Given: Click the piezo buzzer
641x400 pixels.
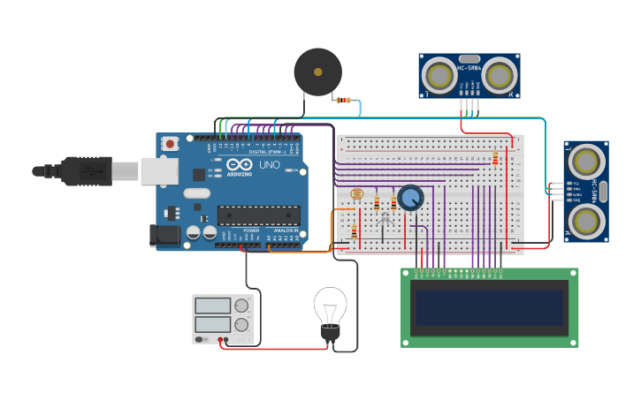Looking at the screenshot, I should click(317, 72).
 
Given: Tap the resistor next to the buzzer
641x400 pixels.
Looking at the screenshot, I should click(344, 101).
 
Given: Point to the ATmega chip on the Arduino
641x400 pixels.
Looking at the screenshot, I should click(258, 215).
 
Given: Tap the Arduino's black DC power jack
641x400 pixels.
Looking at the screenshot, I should click(164, 235).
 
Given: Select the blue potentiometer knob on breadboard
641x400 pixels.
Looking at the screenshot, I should click(410, 197).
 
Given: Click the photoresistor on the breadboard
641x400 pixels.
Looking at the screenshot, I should click(356, 195).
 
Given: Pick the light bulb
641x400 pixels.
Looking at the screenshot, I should click(329, 310).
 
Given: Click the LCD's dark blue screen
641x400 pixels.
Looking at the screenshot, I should click(489, 308).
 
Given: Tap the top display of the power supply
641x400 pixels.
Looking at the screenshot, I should click(212, 306).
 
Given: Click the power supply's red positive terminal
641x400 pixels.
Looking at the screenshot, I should click(220, 339).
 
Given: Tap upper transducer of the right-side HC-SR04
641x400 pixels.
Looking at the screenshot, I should click(586, 161).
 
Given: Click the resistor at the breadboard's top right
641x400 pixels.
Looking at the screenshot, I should click(495, 159).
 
